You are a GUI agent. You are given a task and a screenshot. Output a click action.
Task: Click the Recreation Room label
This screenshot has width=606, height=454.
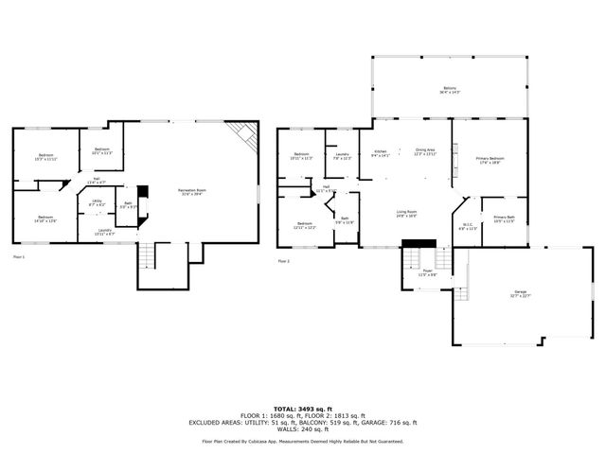coord(194,192)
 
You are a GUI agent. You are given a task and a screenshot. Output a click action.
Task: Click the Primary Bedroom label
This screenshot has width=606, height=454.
coord(490,160)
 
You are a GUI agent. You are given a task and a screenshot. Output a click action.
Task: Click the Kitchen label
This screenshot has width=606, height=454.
coord(381,151)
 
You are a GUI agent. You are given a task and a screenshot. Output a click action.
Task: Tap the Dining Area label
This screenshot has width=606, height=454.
coord(425,151)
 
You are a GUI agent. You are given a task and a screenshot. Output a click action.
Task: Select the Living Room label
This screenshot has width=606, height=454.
coord(407,214)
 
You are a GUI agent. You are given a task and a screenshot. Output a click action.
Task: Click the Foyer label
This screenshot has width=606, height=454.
coord(428,271)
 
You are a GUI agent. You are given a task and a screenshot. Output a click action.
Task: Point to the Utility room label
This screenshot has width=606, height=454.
coord(98,202)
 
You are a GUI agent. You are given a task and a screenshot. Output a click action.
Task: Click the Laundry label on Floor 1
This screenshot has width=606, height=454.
coord(106,231)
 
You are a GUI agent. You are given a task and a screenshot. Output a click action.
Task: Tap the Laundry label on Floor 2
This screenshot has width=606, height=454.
coord(342,156)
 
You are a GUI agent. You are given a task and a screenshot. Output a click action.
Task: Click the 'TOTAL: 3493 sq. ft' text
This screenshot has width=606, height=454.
coord(302,405)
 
